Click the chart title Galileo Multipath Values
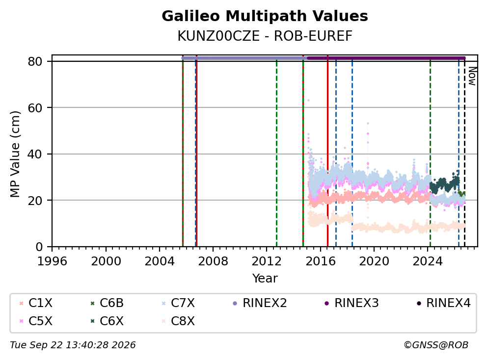[x=265, y=16]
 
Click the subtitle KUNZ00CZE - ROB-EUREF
[x=265, y=36]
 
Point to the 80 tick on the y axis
[x=35, y=61]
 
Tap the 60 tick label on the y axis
[x=35, y=108]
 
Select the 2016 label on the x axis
[x=321, y=261]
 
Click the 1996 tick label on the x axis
[x=52, y=261]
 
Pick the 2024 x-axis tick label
[x=428, y=261]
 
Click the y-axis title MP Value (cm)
[x=15, y=154]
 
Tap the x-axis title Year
[x=265, y=279]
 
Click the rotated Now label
[x=472, y=76]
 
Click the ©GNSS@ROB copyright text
[x=436, y=345]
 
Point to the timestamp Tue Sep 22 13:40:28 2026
[x=73, y=345]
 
